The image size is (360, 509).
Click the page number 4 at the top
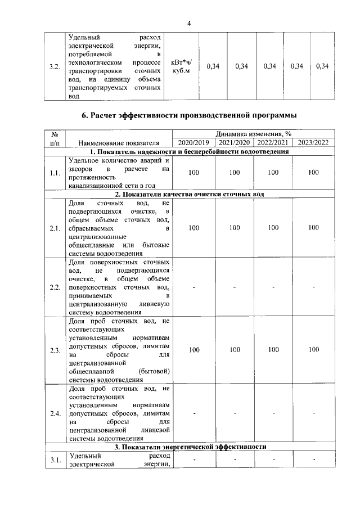coord(190,23)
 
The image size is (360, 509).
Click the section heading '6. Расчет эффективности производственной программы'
coord(189,116)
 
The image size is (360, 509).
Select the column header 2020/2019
coord(193,143)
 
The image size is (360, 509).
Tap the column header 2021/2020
coord(234,143)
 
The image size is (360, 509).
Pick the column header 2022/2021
coord(273,143)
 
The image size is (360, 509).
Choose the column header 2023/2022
coord(313,143)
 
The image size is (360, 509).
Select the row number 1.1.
coord(55,173)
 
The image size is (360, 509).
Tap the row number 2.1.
coord(55,228)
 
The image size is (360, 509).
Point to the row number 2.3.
coord(55,350)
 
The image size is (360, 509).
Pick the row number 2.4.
coord(55,414)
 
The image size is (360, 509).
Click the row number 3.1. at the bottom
coord(55,461)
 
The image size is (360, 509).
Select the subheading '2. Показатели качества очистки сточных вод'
coord(189,194)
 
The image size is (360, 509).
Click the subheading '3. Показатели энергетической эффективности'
coord(189,447)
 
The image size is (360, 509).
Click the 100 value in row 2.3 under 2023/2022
coord(313,350)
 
